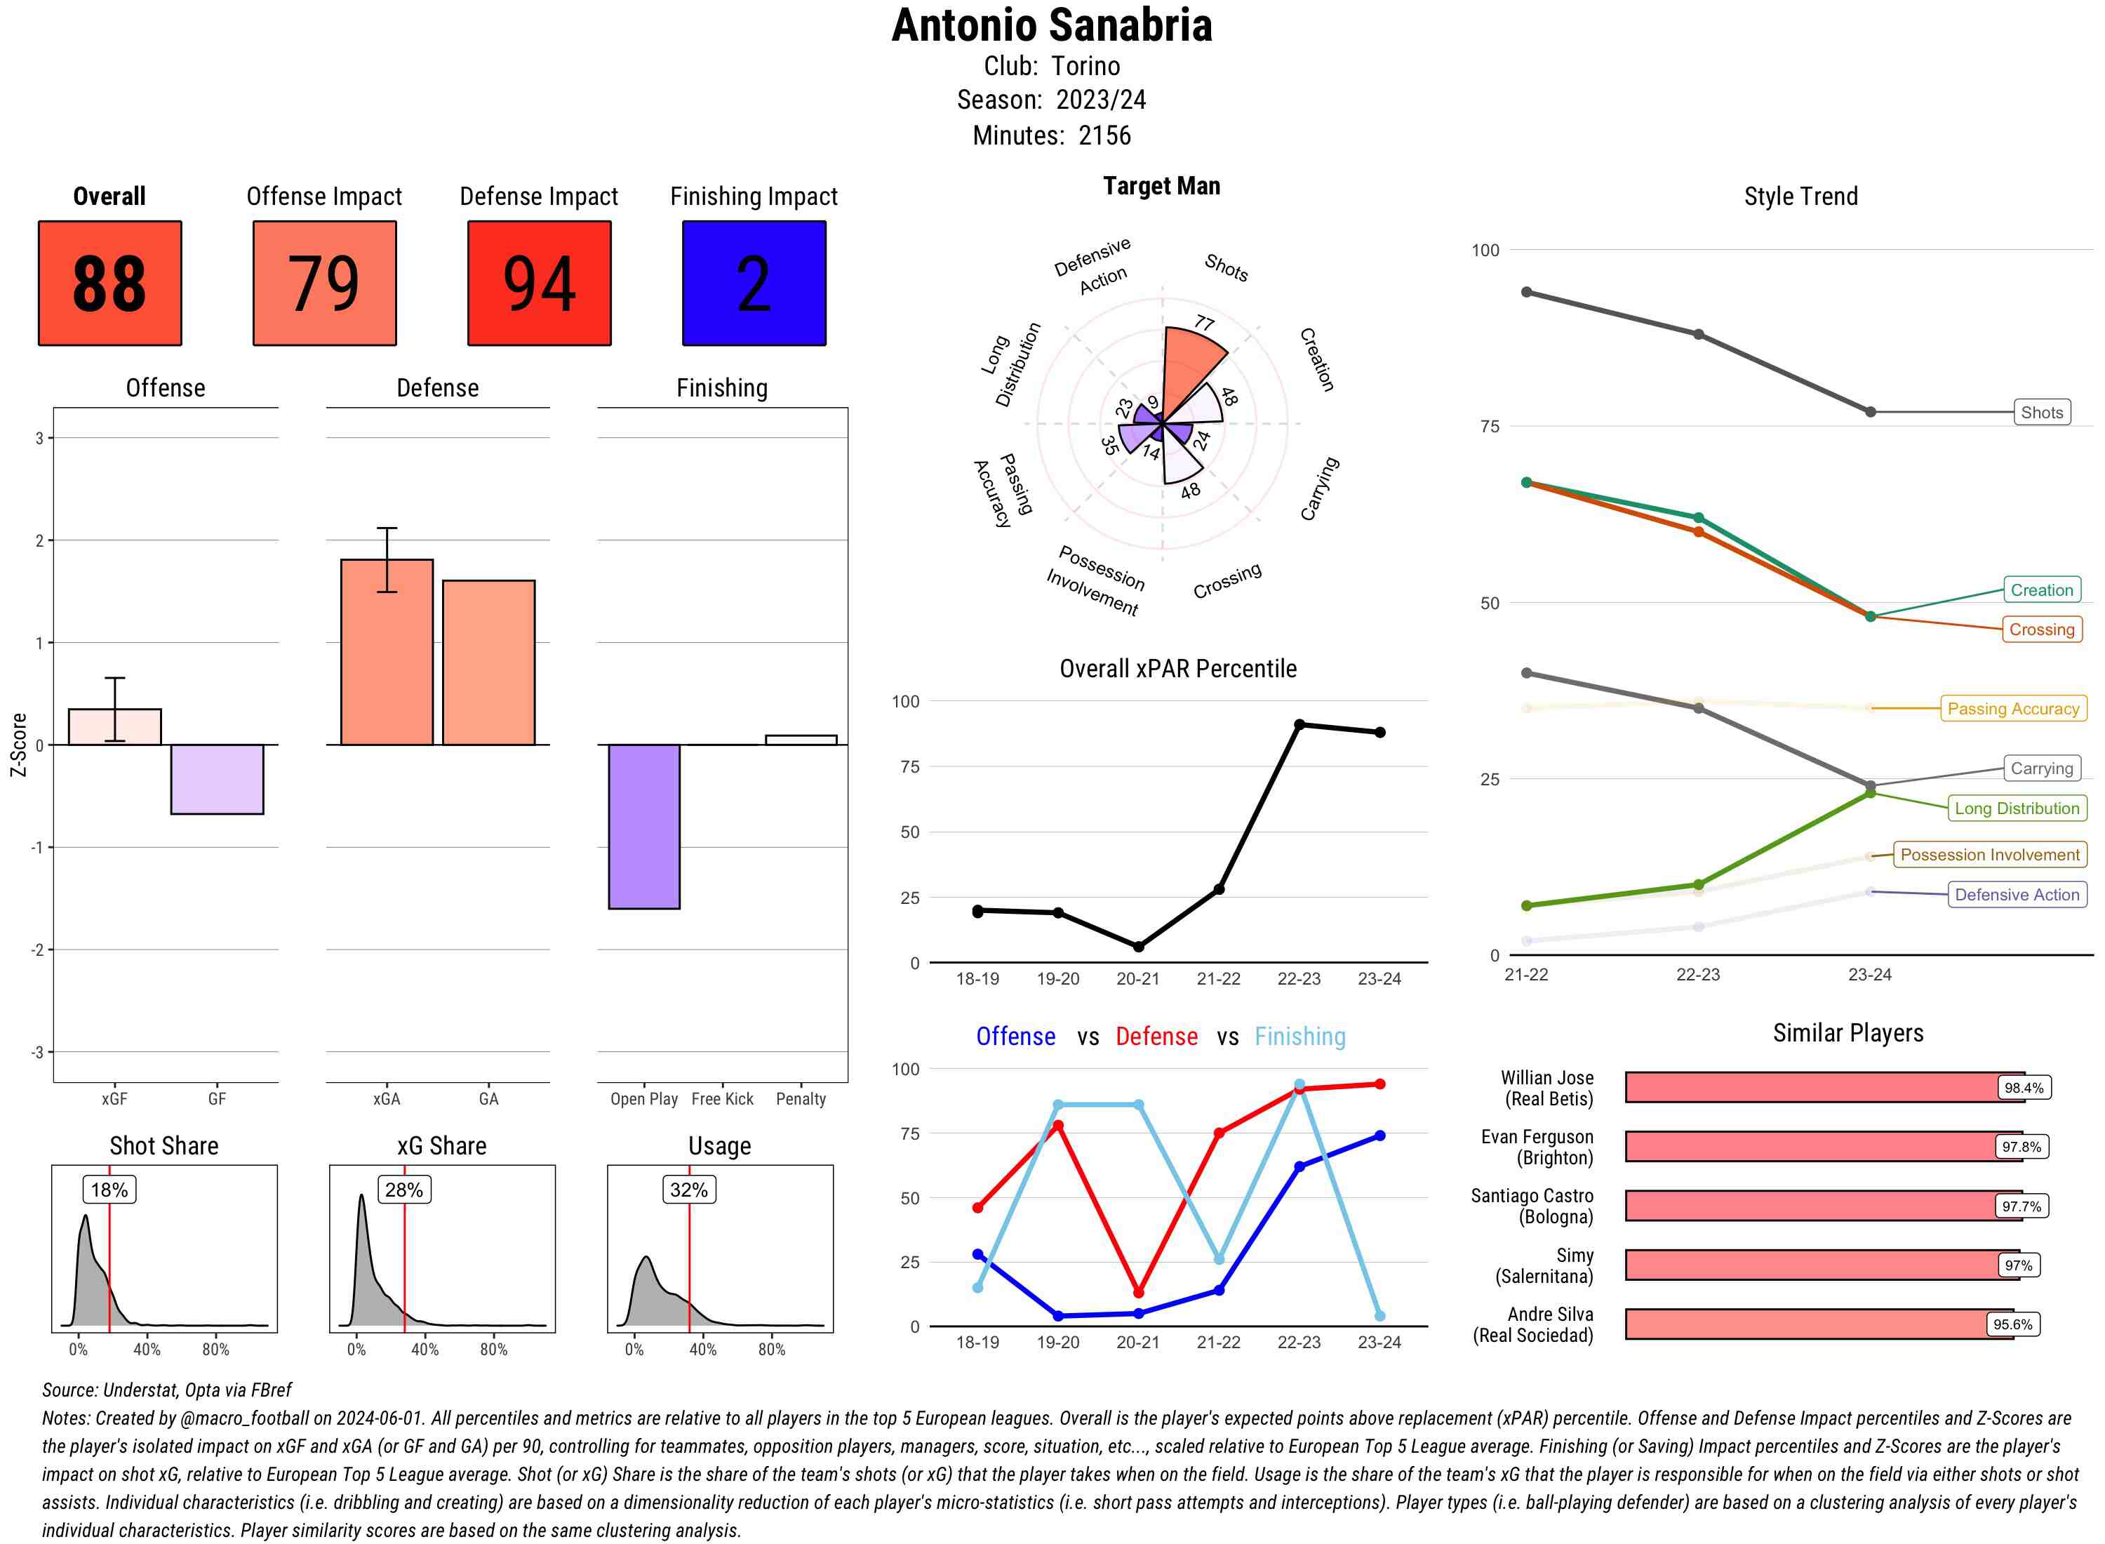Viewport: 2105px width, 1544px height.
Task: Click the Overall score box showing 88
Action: point(109,284)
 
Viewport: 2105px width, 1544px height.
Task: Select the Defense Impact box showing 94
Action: point(539,284)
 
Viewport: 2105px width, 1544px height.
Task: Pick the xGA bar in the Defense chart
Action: point(387,653)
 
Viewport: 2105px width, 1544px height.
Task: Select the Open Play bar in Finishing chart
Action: point(643,826)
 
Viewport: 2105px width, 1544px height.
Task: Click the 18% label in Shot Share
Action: point(109,1190)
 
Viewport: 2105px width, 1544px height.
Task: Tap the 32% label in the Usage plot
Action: point(688,1190)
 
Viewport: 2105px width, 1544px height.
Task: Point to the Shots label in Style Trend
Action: point(2041,412)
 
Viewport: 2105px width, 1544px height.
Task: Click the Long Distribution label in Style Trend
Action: point(2017,808)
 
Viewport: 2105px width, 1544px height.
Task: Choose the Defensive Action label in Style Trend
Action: point(2017,894)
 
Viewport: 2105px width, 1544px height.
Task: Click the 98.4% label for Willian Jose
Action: point(2024,1088)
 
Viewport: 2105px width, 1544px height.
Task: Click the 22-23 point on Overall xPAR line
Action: point(1299,724)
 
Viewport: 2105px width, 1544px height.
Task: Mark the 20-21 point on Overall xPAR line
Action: point(1138,947)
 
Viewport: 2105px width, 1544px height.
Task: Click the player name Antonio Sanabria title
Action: point(1051,25)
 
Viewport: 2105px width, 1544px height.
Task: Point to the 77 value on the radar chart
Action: point(1204,324)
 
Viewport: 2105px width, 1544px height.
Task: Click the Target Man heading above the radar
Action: point(1161,186)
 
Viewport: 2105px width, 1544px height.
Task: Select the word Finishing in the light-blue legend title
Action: point(1299,1037)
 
